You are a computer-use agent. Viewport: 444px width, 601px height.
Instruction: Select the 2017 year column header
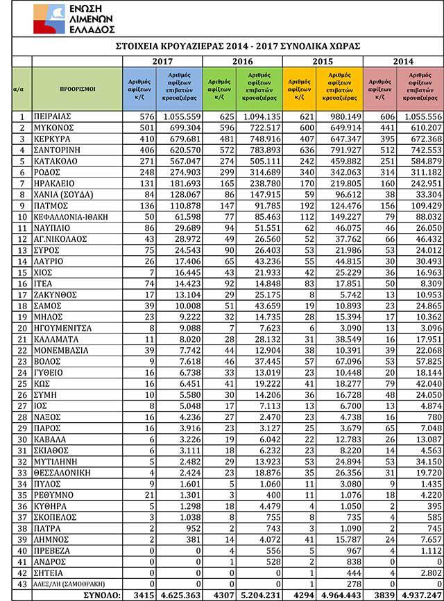click(162, 61)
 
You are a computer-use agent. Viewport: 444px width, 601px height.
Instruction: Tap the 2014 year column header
click(404, 61)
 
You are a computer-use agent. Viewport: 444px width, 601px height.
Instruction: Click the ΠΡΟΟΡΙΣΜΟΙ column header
click(77, 89)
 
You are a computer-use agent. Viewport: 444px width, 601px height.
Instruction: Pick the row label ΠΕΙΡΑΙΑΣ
click(55, 117)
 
